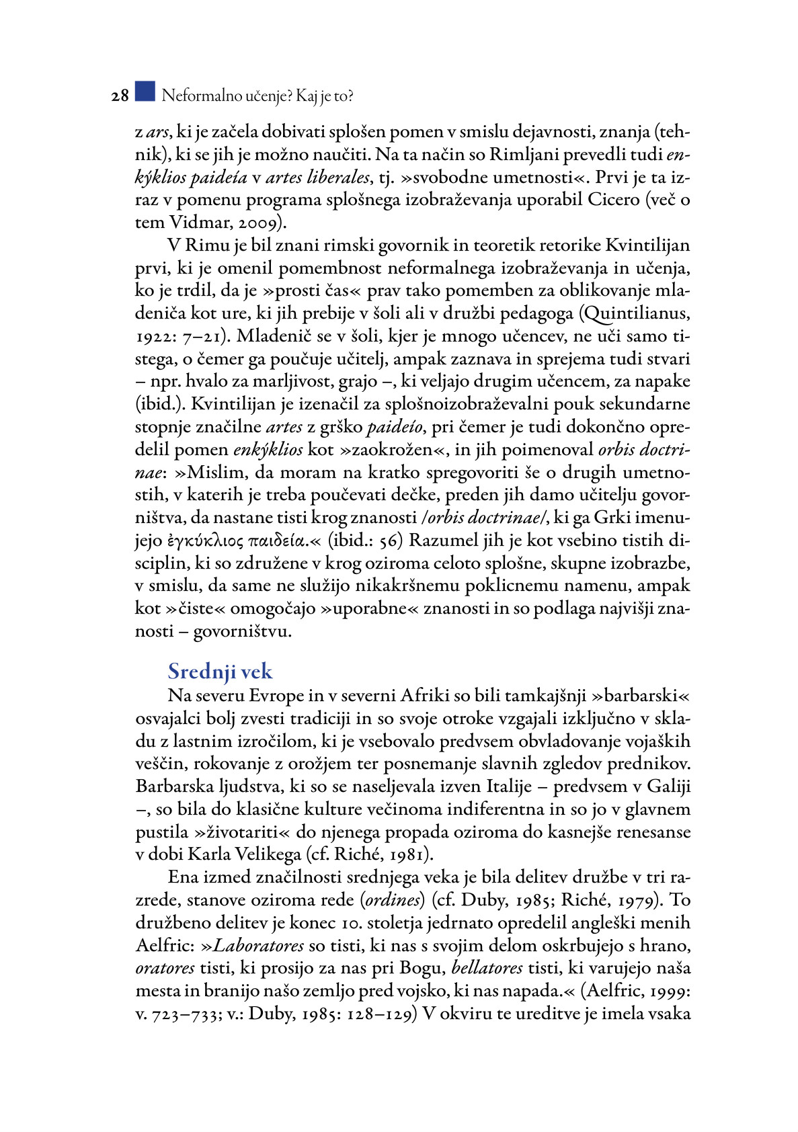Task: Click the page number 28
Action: coord(120,96)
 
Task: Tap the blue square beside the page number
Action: coord(145,91)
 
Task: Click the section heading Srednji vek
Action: coord(220,671)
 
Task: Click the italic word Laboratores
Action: coord(259,946)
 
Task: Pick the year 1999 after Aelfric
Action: coord(666,992)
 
